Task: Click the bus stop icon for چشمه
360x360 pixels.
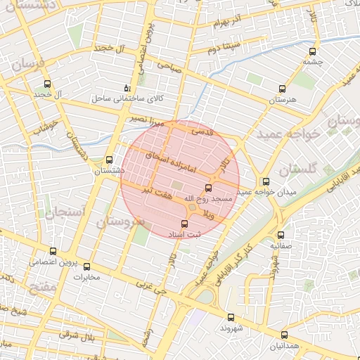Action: [312, 51]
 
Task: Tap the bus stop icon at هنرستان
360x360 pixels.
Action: [283, 89]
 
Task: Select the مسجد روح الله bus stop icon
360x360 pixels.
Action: [207, 188]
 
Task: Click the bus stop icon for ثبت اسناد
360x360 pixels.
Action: [185, 224]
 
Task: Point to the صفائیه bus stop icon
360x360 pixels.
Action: [281, 236]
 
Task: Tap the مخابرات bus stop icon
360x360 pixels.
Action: [87, 266]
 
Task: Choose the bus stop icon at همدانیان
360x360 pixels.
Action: [284, 335]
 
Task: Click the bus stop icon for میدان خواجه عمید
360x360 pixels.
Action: [265, 181]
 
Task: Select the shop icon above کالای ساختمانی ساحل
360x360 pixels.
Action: [127, 89]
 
